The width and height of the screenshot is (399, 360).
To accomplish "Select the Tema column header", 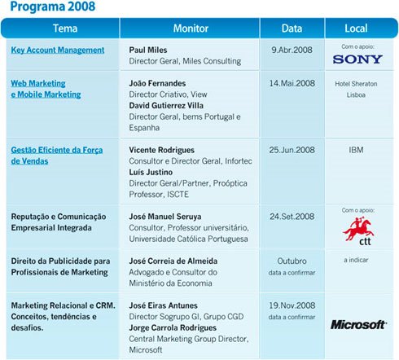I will coord(65,28).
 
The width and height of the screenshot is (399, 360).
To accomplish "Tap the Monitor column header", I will coord(190,28).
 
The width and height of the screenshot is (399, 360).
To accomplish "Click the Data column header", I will coord(292,28).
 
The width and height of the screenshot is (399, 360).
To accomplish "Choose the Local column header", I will coord(356,28).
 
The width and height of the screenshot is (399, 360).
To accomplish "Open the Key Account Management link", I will coord(58,50).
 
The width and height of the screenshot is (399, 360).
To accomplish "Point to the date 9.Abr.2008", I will coord(292,50).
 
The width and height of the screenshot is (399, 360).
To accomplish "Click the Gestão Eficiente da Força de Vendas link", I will coord(57,156).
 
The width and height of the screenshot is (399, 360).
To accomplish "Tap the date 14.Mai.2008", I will coord(292,84).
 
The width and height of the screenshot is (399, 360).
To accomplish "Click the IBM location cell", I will coord(356,151).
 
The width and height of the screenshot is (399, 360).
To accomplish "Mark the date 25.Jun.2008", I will coord(292,151).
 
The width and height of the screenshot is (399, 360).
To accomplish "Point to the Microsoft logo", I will coord(358,324).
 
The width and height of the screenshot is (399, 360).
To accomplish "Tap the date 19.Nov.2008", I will coord(292,305).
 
